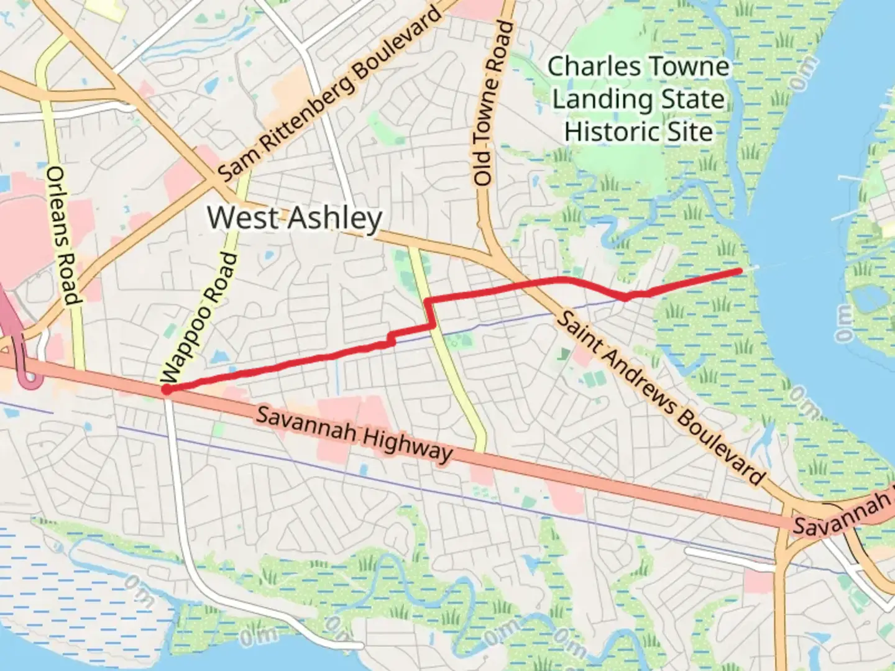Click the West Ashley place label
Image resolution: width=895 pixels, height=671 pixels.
click(295, 218)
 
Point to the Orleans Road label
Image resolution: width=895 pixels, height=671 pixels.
click(63, 235)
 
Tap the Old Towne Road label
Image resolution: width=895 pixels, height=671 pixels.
click(492, 103)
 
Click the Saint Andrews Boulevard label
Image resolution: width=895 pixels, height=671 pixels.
click(659, 398)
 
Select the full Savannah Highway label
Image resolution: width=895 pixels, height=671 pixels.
click(354, 433)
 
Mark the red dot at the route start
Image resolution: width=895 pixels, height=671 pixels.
click(167, 390)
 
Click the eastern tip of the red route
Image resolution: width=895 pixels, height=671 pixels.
click(740, 271)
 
